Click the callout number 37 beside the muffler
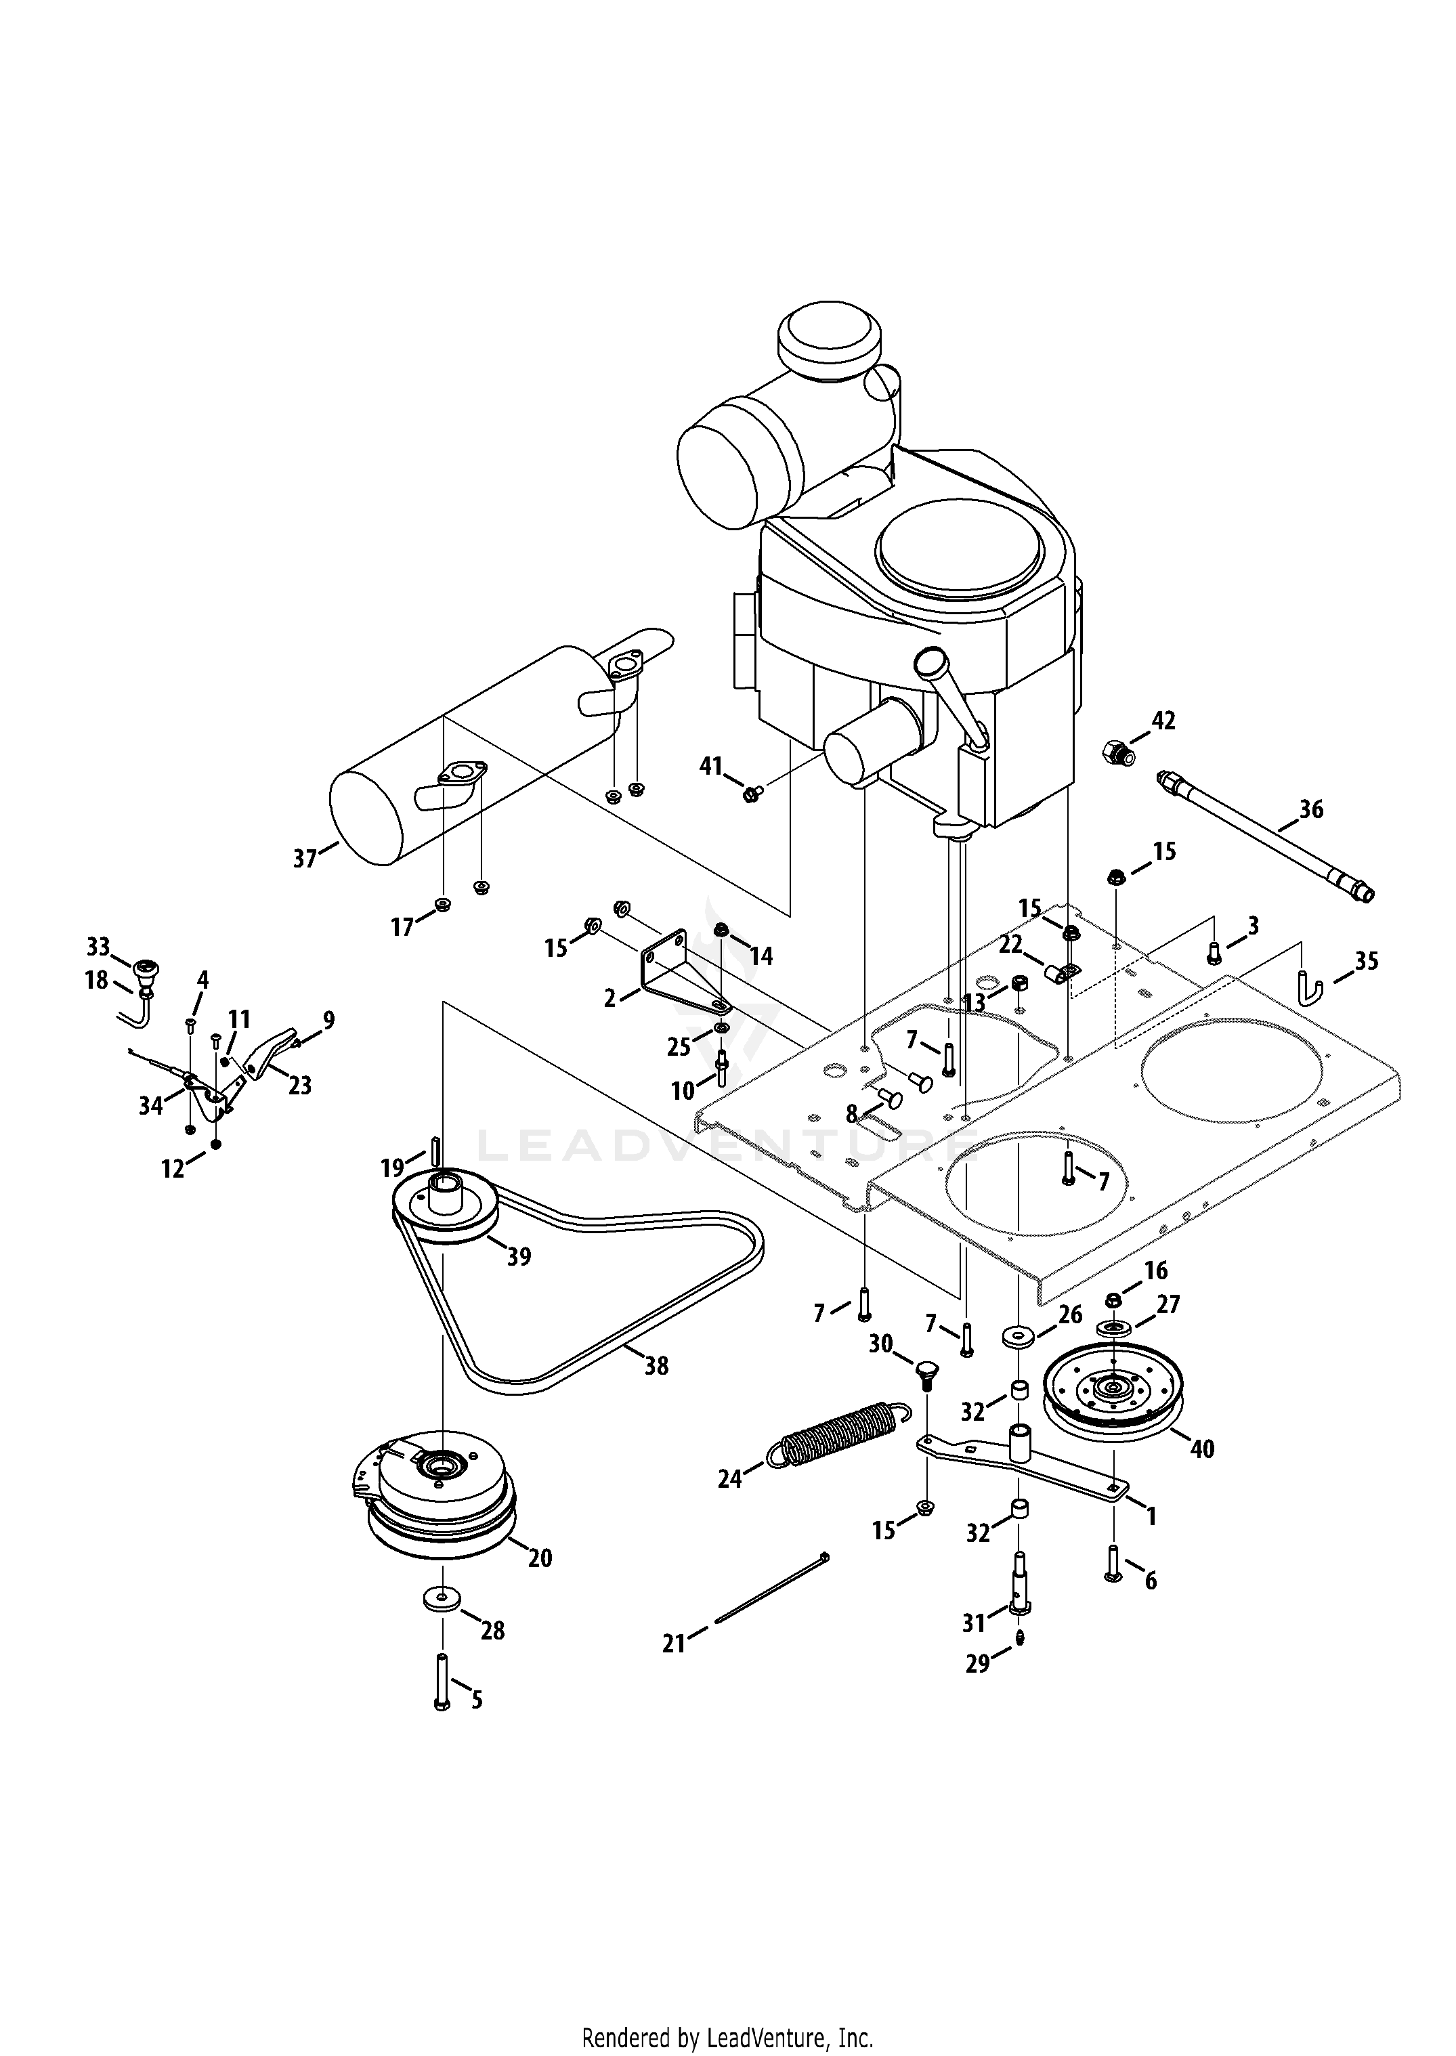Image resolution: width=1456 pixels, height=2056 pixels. [x=305, y=858]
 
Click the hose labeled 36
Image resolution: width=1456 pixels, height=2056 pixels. [x=1265, y=836]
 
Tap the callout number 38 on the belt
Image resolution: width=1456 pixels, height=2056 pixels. [x=656, y=1365]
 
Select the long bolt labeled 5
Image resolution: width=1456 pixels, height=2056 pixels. [x=441, y=1683]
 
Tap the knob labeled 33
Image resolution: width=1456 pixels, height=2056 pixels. [x=144, y=970]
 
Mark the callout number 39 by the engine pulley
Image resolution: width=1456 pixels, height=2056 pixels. [x=519, y=1256]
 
